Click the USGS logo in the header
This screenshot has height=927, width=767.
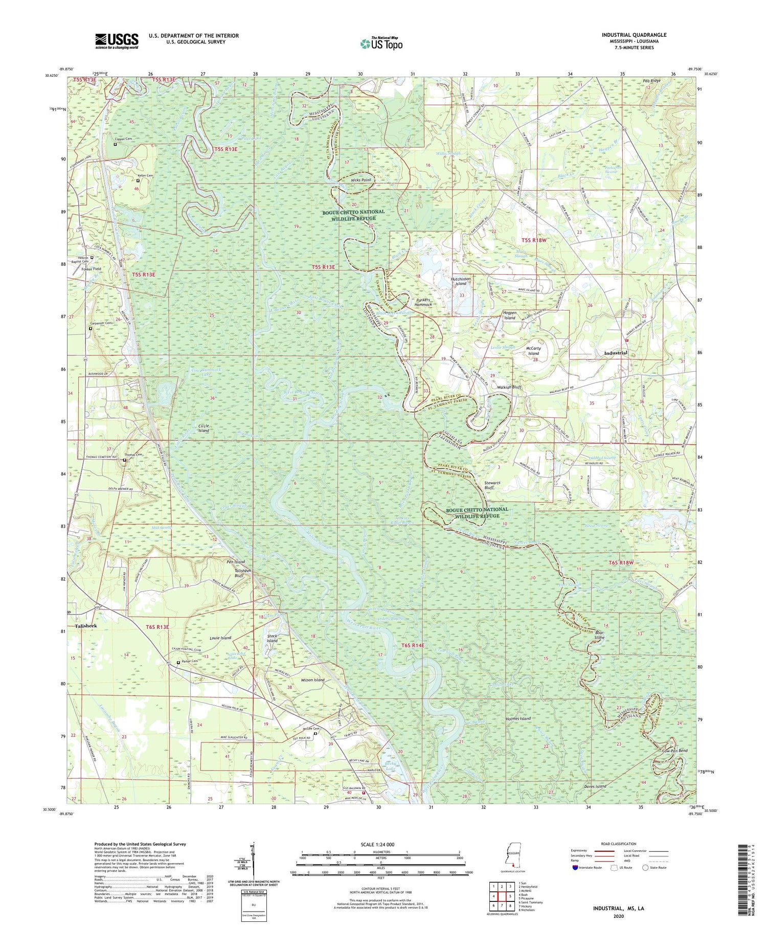[117, 41]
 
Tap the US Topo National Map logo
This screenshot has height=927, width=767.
[381, 44]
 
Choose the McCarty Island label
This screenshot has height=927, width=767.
[533, 350]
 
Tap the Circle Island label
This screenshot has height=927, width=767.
[204, 428]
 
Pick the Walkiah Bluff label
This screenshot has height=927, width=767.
[509, 388]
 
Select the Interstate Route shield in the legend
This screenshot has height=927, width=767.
[576, 868]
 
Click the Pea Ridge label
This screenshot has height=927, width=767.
[651, 81]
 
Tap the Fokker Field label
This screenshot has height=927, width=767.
[91, 268]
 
